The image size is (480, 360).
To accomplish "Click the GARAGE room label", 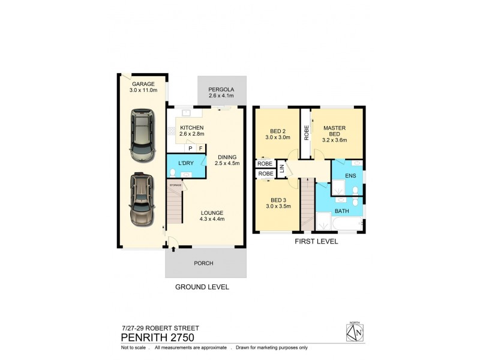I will coord(143,84).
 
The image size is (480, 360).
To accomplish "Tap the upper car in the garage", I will coord(142,135).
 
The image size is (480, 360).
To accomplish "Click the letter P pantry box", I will coord(190,148).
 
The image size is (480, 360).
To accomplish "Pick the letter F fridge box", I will coord(200,148).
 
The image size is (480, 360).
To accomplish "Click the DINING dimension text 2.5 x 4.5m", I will coord(228,162).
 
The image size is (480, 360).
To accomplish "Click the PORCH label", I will coord(205,263).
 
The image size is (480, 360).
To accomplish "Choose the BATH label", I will coord(341,211).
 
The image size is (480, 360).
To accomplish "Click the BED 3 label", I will coord(277,200).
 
